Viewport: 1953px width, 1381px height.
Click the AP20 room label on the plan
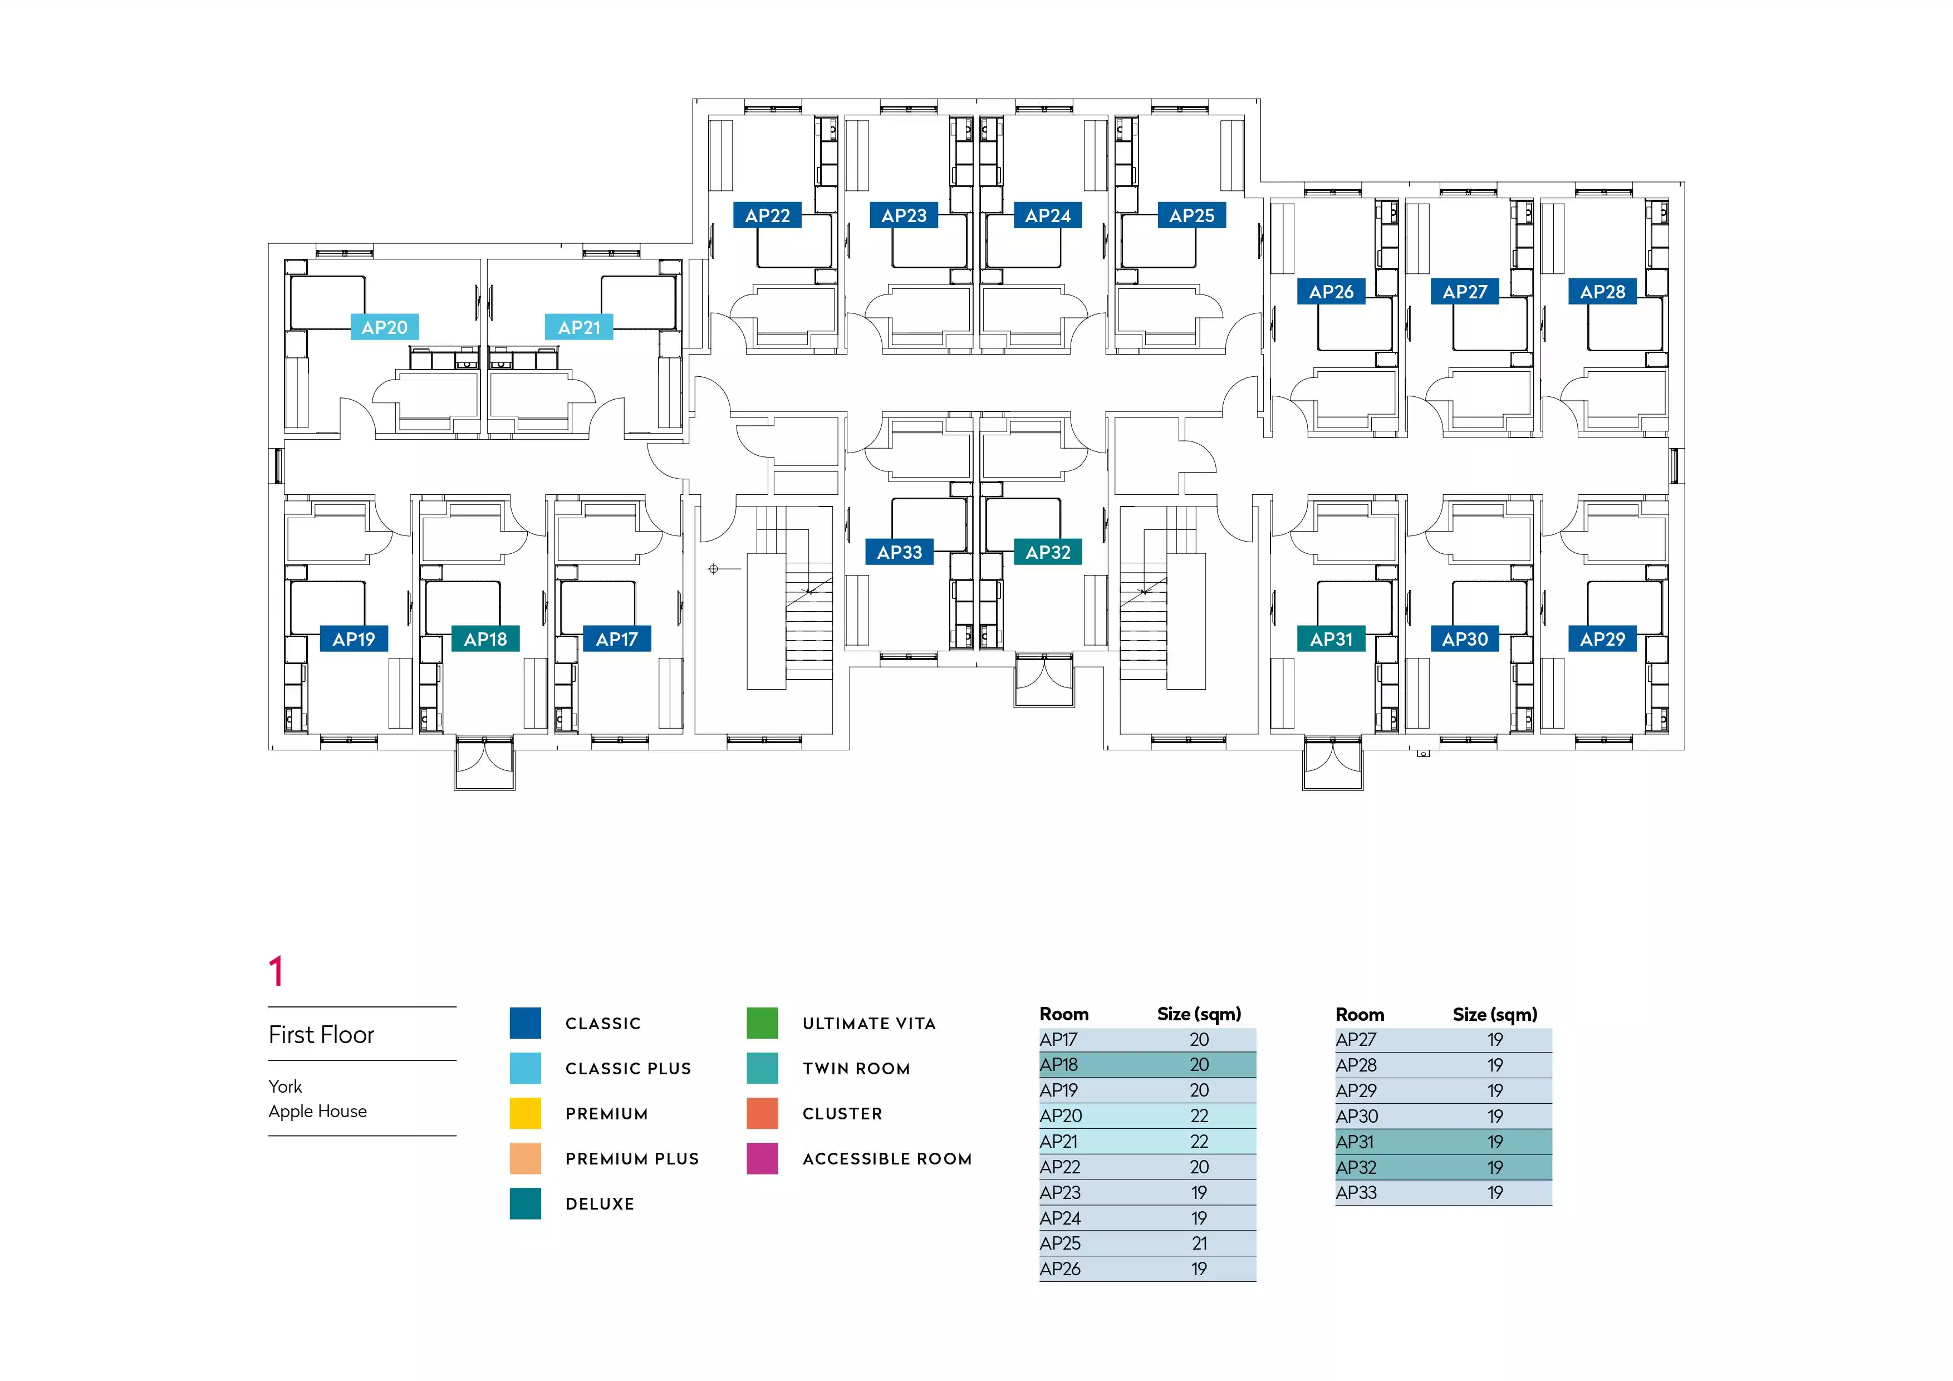(385, 327)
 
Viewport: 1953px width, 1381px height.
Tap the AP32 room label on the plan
(1047, 553)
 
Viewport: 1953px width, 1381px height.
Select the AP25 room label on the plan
(1192, 216)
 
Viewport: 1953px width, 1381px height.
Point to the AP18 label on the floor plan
(485, 640)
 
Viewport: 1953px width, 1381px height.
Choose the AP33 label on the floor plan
(899, 553)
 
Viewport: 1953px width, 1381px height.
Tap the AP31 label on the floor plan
(1331, 640)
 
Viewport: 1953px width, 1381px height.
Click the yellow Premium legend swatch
(525, 1114)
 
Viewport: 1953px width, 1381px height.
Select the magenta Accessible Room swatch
(762, 1159)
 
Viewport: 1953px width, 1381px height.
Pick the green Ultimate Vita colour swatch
(762, 1023)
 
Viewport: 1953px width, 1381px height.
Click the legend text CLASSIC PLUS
(628, 1069)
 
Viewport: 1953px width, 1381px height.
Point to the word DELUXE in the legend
(600, 1204)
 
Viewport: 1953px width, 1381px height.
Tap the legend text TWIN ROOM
(856, 1069)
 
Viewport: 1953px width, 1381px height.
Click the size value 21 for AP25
(1199, 1244)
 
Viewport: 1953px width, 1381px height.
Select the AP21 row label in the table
(1059, 1141)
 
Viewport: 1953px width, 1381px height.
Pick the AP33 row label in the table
(1356, 1193)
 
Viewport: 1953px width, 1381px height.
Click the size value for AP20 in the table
(1199, 1115)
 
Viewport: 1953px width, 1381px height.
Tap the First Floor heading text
(322, 1035)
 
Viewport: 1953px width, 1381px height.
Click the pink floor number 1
(276, 972)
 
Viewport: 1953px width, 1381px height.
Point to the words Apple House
(317, 1112)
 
